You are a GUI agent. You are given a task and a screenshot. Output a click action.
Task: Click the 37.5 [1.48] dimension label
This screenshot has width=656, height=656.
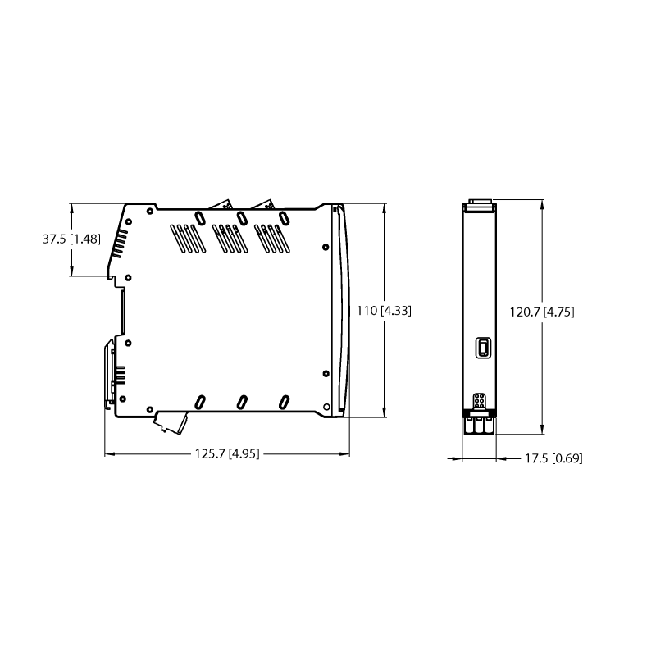pos(71,239)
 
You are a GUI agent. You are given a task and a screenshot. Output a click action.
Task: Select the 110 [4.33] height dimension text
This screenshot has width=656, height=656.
pos(384,311)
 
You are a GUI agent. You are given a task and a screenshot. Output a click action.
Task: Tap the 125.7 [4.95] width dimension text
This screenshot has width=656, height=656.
pos(227,453)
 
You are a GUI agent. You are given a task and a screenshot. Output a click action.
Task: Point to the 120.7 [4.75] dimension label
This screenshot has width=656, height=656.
pos(542,312)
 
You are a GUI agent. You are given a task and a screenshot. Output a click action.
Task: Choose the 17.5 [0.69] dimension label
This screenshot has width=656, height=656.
pos(553,458)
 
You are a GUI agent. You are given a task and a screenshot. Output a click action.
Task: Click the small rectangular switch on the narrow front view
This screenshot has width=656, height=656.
pos(483,347)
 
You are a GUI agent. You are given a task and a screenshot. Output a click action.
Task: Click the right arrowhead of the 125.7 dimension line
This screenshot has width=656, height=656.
pos(344,453)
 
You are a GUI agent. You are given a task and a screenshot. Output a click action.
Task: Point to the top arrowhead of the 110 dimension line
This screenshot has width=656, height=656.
pos(384,209)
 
